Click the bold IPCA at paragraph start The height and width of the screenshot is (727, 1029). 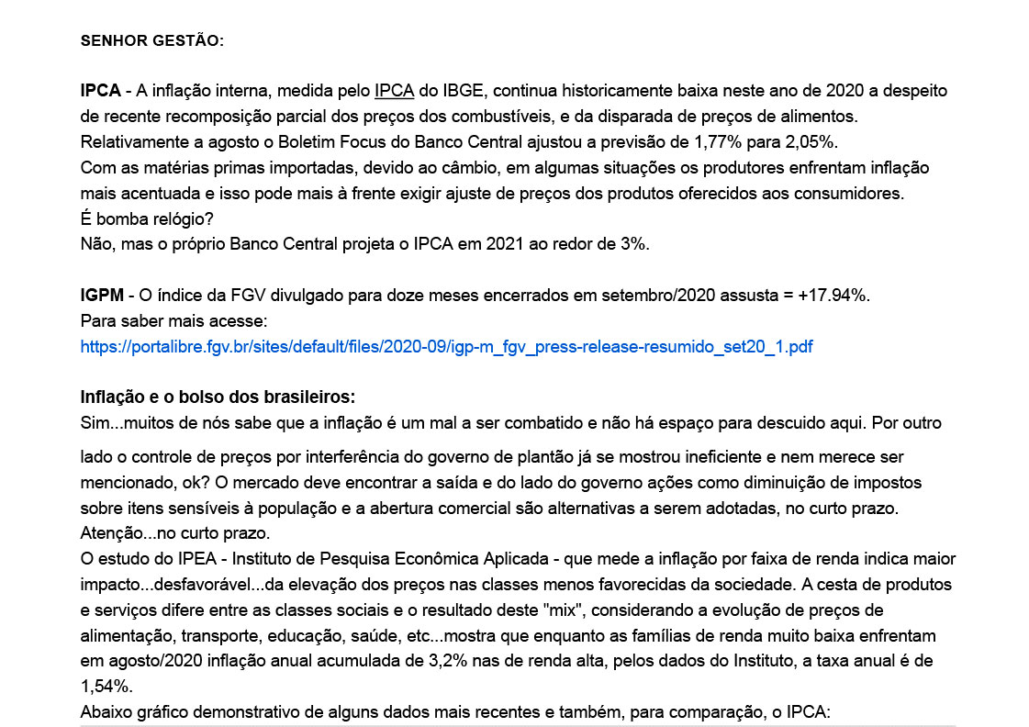tap(100, 91)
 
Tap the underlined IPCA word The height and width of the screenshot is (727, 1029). tap(395, 91)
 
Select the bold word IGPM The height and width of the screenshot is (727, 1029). tap(101, 296)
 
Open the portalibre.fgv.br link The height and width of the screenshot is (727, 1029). tap(446, 347)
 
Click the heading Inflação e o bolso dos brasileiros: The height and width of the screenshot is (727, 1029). tap(218, 397)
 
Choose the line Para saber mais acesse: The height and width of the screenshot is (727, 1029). tap(173, 321)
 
